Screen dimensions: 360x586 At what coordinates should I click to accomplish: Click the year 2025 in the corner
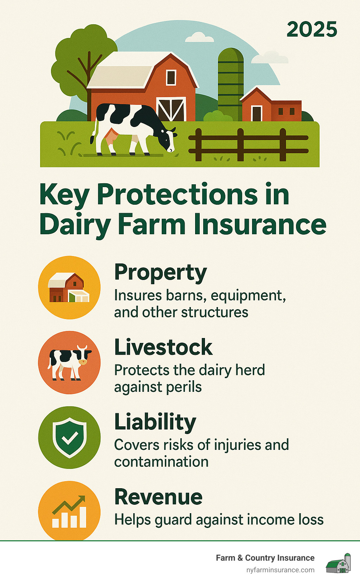(311, 29)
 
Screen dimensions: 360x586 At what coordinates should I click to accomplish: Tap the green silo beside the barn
(231, 84)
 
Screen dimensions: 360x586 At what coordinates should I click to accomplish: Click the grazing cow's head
(169, 139)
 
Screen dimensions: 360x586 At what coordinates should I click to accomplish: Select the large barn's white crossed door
(171, 109)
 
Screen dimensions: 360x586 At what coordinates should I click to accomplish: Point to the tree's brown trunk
(89, 86)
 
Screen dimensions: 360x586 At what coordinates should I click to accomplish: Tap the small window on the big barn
(171, 77)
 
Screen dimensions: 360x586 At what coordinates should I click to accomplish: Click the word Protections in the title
(177, 195)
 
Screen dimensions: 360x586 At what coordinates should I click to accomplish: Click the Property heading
(161, 273)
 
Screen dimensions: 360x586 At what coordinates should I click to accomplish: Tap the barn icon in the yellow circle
(69, 287)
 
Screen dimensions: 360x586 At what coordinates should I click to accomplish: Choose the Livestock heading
(163, 347)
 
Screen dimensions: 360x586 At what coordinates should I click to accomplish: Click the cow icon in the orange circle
(69, 363)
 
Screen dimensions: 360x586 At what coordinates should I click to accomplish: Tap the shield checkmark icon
(69, 438)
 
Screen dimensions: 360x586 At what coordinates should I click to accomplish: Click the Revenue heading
(159, 497)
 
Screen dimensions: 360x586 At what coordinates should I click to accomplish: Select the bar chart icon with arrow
(69, 512)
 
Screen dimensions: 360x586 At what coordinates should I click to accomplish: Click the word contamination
(161, 462)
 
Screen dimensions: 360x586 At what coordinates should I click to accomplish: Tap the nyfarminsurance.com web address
(281, 570)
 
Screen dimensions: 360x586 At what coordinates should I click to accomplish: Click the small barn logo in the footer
(338, 563)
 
